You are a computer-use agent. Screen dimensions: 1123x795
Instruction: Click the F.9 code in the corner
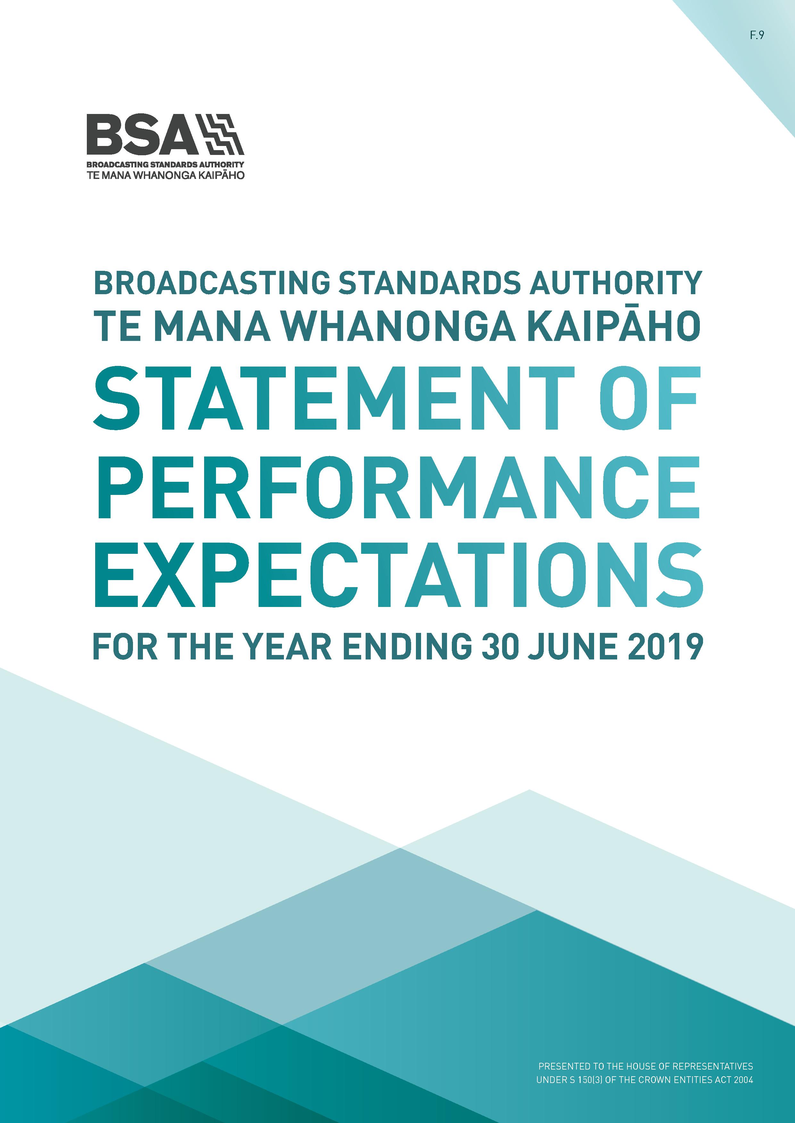[x=757, y=35]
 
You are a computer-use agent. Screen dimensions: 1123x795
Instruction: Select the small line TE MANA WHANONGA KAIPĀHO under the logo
[x=165, y=175]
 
